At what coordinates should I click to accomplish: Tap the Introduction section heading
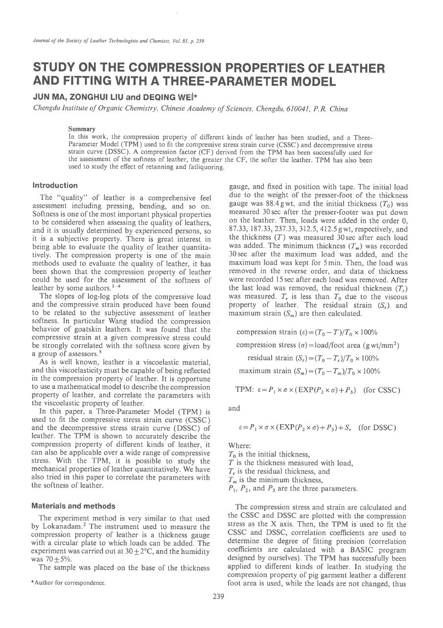[x=55, y=185]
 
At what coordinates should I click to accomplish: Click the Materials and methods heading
[x=73, y=506]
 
